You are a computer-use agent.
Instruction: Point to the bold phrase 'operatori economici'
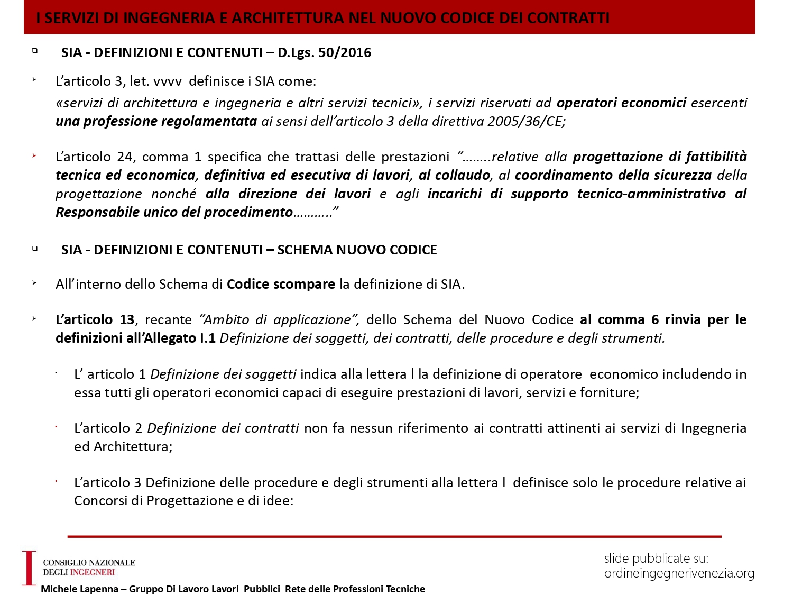click(621, 103)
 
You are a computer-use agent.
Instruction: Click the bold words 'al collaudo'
click(455, 175)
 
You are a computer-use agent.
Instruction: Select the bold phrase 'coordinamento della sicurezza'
click(613, 175)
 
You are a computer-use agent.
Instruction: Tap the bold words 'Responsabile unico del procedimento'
click(174, 212)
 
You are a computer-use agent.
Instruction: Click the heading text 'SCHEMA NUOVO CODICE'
click(357, 250)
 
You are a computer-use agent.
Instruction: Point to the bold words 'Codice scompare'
click(281, 284)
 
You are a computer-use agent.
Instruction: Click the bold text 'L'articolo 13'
click(95, 319)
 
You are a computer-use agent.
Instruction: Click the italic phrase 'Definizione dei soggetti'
click(223, 374)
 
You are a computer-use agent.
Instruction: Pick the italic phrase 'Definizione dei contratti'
click(223, 428)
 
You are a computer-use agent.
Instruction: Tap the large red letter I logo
click(29, 568)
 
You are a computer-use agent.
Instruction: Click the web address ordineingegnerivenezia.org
click(679, 573)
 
